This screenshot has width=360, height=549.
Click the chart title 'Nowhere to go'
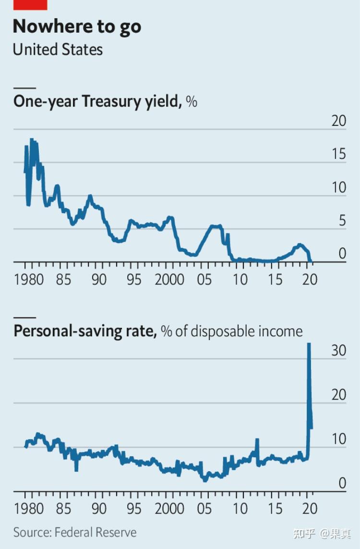click(x=77, y=27)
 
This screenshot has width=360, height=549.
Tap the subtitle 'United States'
click(x=58, y=49)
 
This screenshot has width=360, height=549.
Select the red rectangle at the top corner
click(x=30, y=4)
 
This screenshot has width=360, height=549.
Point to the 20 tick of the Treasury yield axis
click(x=339, y=121)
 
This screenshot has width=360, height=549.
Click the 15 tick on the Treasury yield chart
click(x=339, y=154)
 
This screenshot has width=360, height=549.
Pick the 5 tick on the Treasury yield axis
click(x=342, y=221)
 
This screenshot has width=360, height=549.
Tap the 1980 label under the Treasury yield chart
click(x=29, y=279)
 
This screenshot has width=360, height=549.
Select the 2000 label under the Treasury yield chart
click(x=169, y=279)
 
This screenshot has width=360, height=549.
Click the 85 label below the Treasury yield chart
click(x=63, y=279)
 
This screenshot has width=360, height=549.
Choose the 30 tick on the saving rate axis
click(x=338, y=350)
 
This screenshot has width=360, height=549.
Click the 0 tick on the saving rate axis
click(x=342, y=483)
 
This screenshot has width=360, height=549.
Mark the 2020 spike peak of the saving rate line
click(x=309, y=344)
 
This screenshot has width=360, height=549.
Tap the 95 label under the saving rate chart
click(x=134, y=508)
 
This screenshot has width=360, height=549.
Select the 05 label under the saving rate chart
click(x=204, y=508)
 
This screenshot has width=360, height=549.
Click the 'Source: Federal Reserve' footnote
click(x=75, y=532)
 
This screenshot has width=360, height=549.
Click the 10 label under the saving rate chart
click(x=240, y=508)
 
